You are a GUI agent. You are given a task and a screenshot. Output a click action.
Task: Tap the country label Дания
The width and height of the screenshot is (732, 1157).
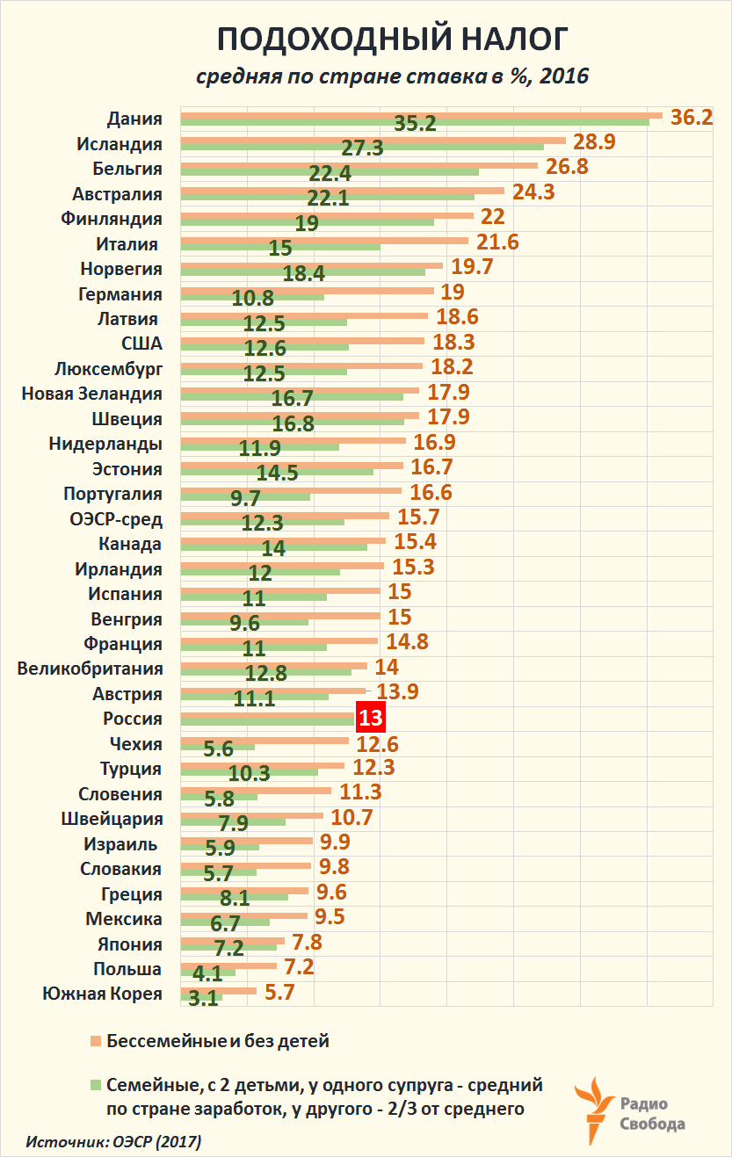134,119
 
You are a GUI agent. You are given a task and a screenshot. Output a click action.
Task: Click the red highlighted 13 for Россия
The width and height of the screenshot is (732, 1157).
370,718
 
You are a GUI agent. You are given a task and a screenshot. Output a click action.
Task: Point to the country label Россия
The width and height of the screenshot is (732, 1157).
132,719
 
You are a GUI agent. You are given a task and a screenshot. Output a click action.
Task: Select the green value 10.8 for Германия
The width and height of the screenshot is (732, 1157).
253,297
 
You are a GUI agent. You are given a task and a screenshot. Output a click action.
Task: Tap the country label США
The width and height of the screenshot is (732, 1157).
142,343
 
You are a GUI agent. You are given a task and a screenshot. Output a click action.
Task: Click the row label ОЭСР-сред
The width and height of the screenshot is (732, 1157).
115,518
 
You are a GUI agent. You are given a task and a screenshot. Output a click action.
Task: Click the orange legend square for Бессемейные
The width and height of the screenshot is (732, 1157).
95,1042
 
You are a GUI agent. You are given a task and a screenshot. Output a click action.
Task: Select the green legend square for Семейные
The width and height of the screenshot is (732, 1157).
95,1084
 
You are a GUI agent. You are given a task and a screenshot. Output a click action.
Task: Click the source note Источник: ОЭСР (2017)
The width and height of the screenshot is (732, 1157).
113,1143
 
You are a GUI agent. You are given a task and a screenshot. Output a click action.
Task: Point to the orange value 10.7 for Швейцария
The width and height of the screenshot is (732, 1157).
352,817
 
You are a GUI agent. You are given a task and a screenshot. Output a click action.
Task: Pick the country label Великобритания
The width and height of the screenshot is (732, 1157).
90,669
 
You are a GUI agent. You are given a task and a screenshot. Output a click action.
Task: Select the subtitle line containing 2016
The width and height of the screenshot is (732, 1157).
392,76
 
